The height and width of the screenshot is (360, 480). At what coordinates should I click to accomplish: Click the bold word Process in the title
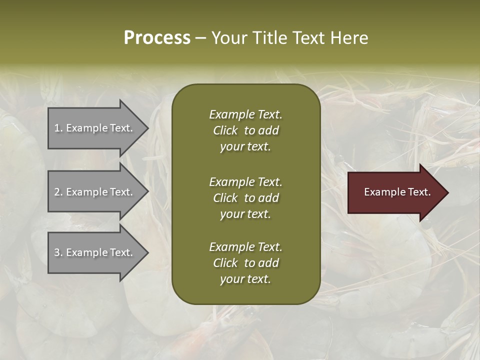157,38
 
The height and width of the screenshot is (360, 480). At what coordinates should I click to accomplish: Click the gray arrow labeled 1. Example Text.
95,128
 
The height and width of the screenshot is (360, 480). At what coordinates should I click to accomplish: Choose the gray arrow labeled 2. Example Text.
95,192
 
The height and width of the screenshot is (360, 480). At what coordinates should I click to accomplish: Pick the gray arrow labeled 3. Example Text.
95,252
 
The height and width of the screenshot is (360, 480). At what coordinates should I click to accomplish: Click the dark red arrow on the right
395,192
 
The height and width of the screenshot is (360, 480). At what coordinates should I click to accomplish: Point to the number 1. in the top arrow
58,128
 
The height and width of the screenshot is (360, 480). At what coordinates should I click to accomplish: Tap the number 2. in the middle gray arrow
58,192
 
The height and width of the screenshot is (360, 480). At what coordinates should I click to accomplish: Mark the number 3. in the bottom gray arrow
58,252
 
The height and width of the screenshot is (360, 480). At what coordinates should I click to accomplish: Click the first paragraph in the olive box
245,130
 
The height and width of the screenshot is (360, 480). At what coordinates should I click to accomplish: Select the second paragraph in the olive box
245,198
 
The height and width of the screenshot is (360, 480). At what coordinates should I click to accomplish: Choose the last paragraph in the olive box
245,263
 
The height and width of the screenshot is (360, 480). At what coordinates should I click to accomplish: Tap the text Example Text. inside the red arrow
397,192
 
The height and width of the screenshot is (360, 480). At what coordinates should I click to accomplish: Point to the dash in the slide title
200,38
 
